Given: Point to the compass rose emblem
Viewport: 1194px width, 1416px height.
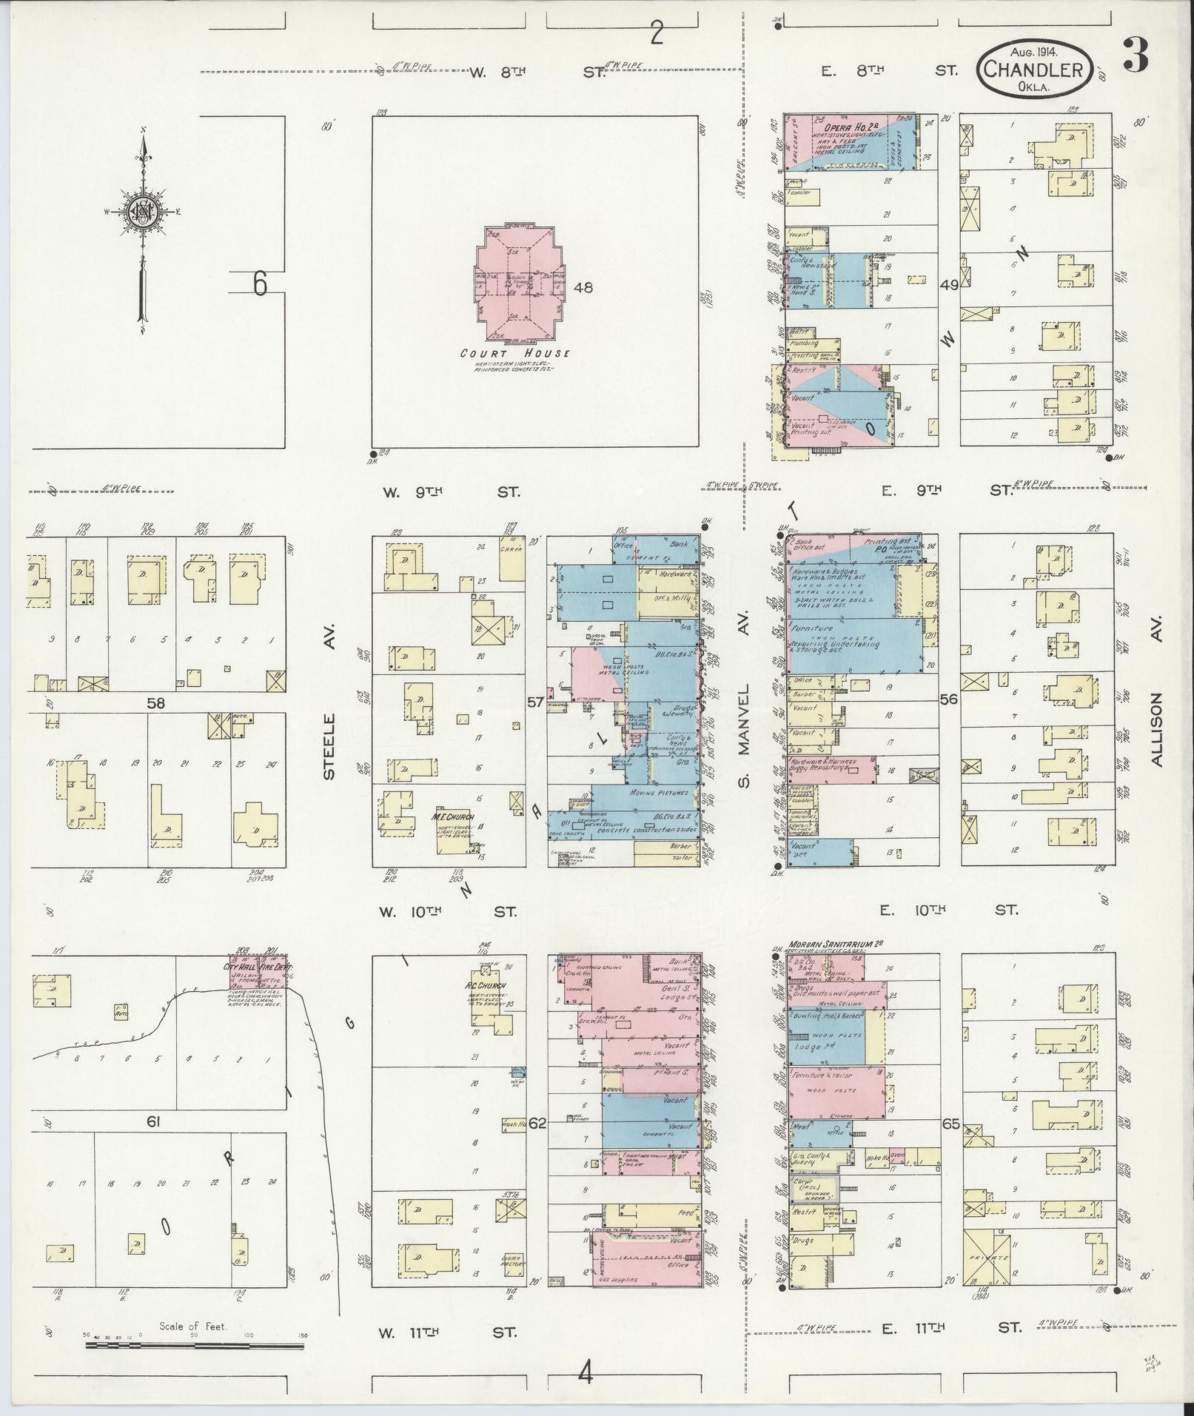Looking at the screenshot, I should click(x=143, y=212).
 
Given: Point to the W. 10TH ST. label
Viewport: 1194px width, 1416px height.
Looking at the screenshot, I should click(x=447, y=911).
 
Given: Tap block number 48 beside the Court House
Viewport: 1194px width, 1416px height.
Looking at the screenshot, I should click(x=583, y=288).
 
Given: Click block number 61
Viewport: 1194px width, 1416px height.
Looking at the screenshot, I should click(x=153, y=1143).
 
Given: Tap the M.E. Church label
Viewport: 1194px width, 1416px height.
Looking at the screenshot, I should click(x=446, y=817).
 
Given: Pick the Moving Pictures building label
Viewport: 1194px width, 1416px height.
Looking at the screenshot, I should click(x=658, y=793).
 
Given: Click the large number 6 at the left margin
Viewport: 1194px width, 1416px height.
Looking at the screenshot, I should click(x=259, y=283).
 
